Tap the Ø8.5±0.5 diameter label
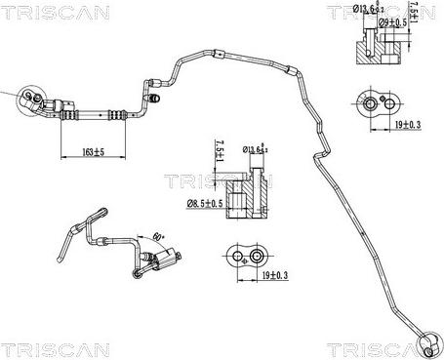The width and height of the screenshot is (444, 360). [205, 203]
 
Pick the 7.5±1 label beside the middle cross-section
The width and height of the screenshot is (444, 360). [220, 154]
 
